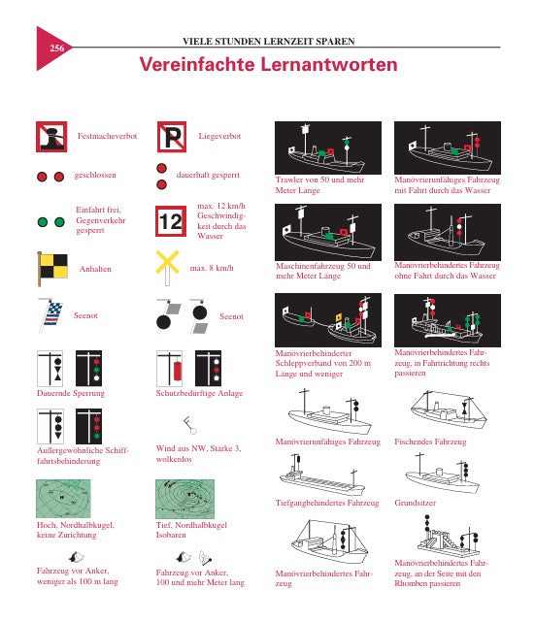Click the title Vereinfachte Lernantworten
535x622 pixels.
(268, 65)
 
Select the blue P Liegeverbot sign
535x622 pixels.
(171, 138)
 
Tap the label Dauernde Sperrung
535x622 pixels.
(63, 394)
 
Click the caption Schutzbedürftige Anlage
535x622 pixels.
(192, 394)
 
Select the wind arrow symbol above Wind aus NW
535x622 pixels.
(184, 424)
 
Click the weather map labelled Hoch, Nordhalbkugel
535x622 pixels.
(63, 499)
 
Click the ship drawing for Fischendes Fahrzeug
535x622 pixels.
(445, 411)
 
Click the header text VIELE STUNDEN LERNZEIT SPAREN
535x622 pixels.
(268, 42)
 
